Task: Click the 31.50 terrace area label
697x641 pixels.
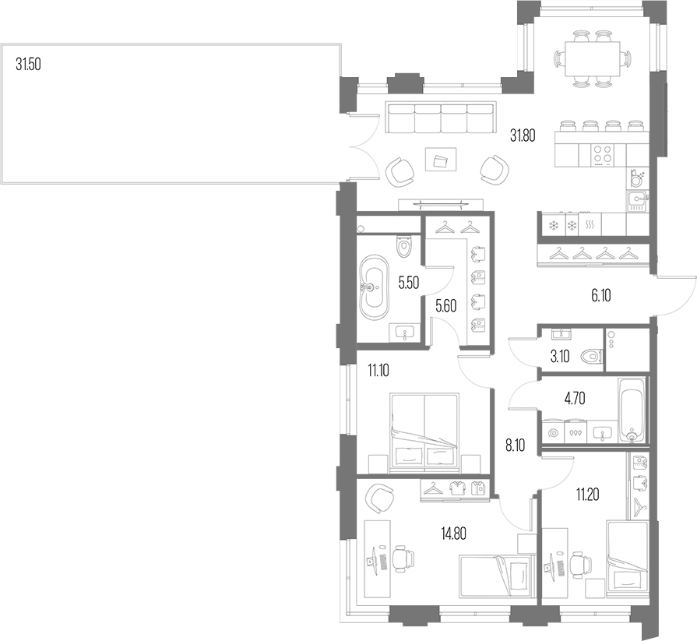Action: tap(28, 65)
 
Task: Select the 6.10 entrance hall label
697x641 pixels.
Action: tap(601, 295)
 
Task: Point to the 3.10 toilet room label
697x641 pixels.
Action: tap(560, 357)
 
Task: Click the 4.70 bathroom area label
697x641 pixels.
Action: tap(574, 399)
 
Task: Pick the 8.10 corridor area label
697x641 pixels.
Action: tap(515, 446)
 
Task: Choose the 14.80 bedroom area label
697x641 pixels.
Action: tap(453, 533)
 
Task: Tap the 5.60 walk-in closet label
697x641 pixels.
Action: tap(446, 306)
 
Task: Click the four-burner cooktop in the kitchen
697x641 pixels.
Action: tap(602, 156)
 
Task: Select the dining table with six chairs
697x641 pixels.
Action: tap(593, 58)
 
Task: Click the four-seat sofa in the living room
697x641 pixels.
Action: tap(441, 118)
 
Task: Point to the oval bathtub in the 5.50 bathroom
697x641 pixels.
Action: tap(374, 287)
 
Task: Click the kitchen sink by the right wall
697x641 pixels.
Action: tap(638, 200)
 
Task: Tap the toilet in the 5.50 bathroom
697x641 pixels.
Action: tap(404, 246)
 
